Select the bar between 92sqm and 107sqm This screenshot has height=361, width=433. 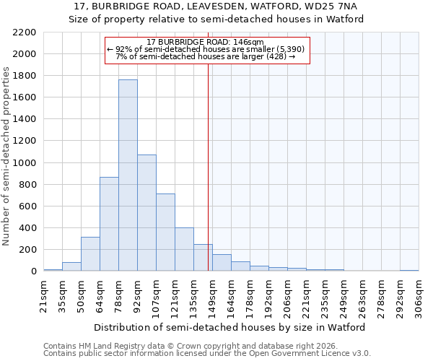point(146,213)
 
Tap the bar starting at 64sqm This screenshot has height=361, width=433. point(109,224)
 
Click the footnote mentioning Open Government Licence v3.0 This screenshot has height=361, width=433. point(207,354)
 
